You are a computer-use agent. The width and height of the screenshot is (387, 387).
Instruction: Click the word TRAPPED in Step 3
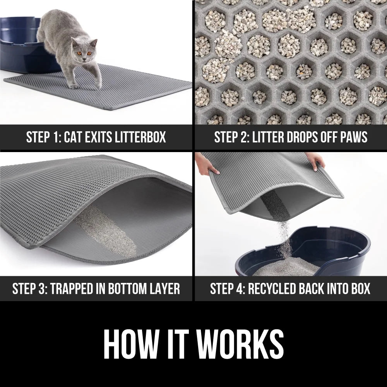click(x=75, y=289)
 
